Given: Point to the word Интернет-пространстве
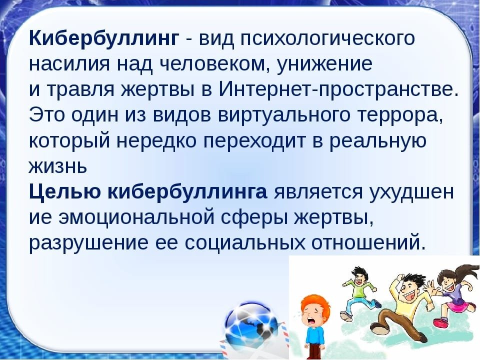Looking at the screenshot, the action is tap(339, 89).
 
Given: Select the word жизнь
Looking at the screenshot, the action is tap(58, 166).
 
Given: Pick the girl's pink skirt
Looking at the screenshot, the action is tap(455, 306).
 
